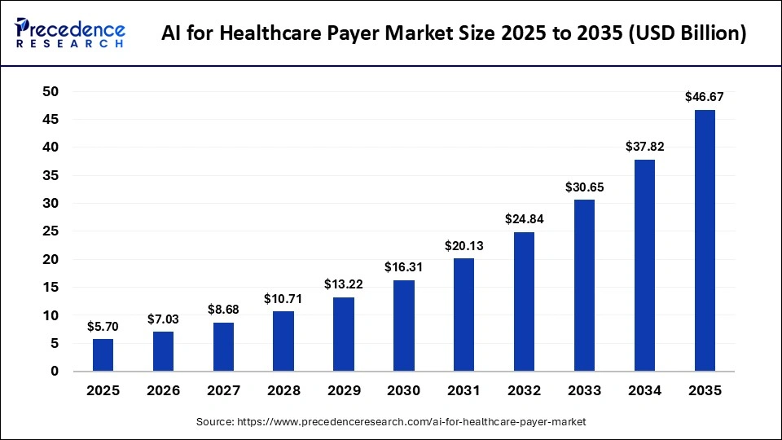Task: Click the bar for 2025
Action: coord(103,355)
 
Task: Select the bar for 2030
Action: coord(404,326)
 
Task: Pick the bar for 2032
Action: coord(525,301)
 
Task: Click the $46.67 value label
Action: coord(705,96)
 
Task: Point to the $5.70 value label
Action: coord(103,326)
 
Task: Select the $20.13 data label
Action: coord(464,245)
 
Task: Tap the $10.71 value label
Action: coord(283,298)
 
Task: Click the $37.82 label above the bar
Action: coord(644,146)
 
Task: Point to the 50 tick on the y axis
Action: coord(51,92)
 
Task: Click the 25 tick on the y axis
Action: coord(51,231)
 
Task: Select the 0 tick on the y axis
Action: coord(55,372)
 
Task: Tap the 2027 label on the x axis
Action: coord(223,391)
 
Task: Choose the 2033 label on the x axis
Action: coord(584,391)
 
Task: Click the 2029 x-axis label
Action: coord(344,391)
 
